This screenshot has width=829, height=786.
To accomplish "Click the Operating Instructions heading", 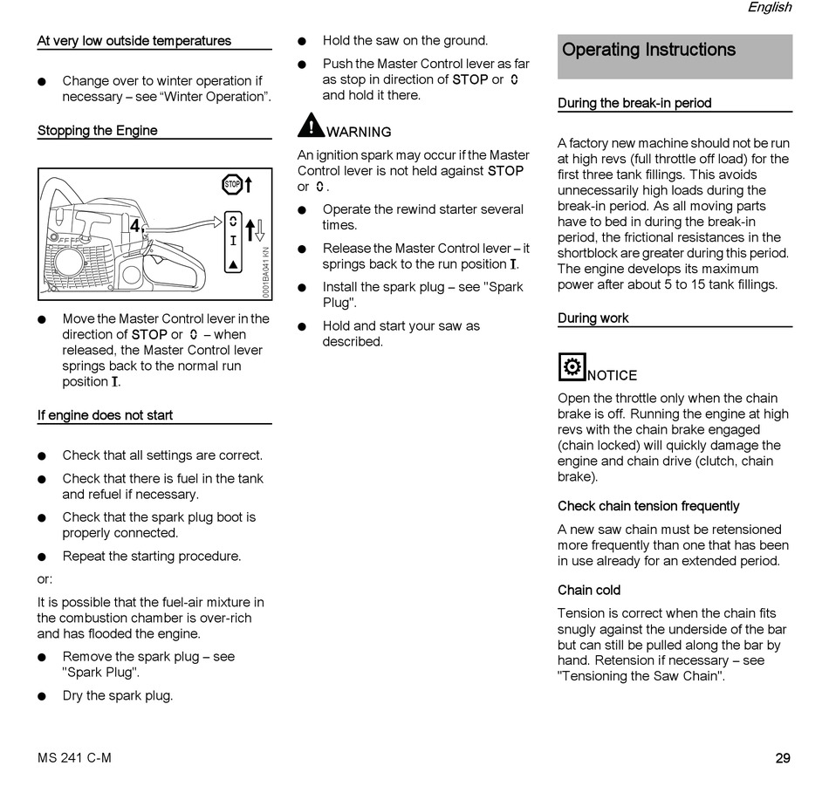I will [648, 50].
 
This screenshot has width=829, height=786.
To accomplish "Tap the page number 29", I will [783, 758].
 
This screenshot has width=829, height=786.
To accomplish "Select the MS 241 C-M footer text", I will [74, 758].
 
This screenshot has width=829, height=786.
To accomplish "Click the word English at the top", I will [769, 8].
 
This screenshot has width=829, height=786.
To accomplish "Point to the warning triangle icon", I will [311, 126].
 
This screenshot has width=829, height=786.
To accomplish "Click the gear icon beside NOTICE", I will [572, 367].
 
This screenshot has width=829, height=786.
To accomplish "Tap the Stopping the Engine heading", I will [98, 131].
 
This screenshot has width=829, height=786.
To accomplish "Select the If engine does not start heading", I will [105, 415].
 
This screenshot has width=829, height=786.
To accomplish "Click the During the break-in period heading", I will [634, 103].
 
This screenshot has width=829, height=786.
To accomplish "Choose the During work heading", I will [593, 318].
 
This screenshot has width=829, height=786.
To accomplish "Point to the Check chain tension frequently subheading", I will [648, 506].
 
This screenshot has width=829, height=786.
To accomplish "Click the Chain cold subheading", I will [589, 591].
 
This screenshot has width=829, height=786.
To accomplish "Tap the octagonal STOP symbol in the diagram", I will [232, 184].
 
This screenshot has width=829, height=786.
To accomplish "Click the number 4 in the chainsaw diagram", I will [135, 226].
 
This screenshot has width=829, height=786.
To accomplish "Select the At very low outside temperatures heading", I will [134, 41].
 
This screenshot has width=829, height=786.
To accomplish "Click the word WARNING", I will [359, 133].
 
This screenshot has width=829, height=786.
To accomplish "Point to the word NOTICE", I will [613, 376].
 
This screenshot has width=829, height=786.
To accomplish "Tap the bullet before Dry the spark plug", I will [42, 696].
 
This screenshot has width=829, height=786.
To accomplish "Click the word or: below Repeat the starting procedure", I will [45, 579].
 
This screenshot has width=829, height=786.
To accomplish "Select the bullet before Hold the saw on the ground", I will [302, 41].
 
